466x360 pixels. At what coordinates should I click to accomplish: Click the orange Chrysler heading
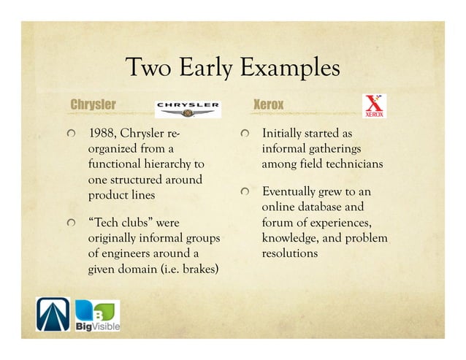pos(93,104)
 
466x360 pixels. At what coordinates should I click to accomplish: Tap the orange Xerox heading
pos(268,104)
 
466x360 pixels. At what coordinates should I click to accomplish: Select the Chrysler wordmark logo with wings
pos(188,108)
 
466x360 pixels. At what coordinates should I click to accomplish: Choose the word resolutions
pos(289,253)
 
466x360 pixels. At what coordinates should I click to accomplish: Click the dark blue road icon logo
pos(53,315)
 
